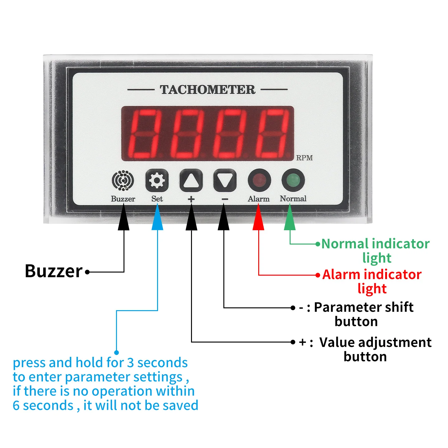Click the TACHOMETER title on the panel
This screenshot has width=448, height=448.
(208, 90)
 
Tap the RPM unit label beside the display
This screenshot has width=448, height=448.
(304, 158)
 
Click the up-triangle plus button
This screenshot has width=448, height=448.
(191, 180)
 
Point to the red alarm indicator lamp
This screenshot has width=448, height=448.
(259, 180)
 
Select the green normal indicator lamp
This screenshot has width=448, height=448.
(293, 180)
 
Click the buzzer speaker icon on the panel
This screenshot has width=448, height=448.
(123, 180)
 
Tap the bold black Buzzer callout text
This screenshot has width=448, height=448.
(54, 271)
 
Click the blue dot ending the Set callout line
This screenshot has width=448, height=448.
(117, 353)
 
